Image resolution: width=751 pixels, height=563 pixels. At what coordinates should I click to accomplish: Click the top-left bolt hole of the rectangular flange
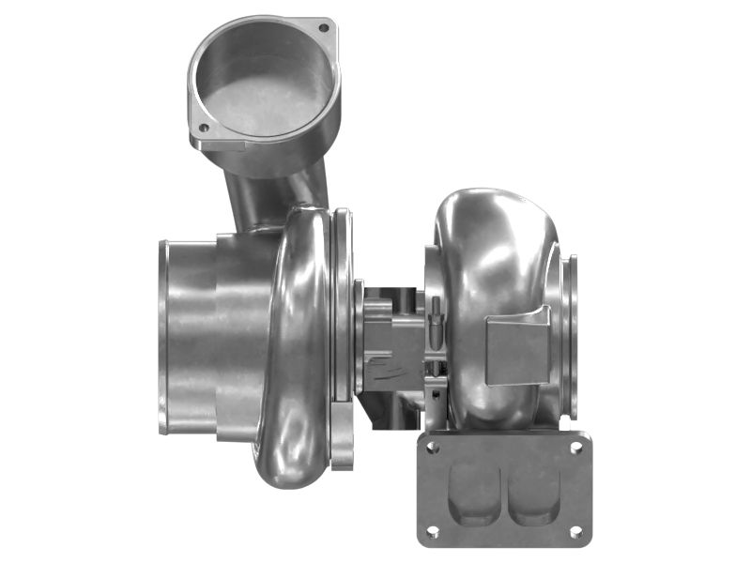[433, 449]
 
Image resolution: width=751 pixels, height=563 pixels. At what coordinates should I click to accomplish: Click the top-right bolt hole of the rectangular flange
[575, 448]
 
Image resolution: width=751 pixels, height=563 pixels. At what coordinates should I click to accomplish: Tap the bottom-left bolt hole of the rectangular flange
[432, 531]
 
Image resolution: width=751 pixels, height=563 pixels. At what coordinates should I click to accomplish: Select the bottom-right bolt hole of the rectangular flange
[575, 531]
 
